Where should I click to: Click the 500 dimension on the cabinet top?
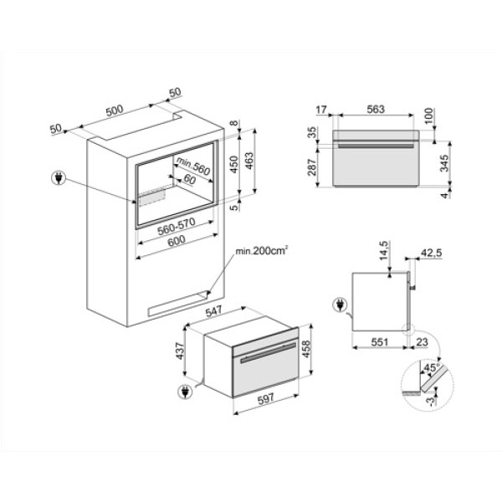click(115, 110)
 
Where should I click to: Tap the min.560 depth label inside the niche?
click(193, 166)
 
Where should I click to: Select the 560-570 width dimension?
click(177, 227)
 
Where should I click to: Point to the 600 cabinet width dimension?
click(177, 241)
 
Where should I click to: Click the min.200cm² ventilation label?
click(261, 251)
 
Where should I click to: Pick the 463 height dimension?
click(248, 161)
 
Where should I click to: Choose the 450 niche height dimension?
click(234, 164)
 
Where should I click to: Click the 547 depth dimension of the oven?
click(213, 311)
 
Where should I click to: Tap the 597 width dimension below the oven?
click(266, 398)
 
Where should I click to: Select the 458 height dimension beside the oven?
click(306, 350)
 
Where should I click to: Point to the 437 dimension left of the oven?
click(180, 351)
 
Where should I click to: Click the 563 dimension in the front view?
click(376, 109)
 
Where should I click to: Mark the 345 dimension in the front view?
click(444, 163)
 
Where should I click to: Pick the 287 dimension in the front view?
click(312, 166)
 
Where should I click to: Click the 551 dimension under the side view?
click(379, 342)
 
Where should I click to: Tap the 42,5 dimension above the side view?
click(431, 253)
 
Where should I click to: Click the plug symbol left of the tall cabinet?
click(59, 178)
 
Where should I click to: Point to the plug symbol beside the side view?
click(340, 305)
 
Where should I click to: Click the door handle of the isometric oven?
click(269, 352)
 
